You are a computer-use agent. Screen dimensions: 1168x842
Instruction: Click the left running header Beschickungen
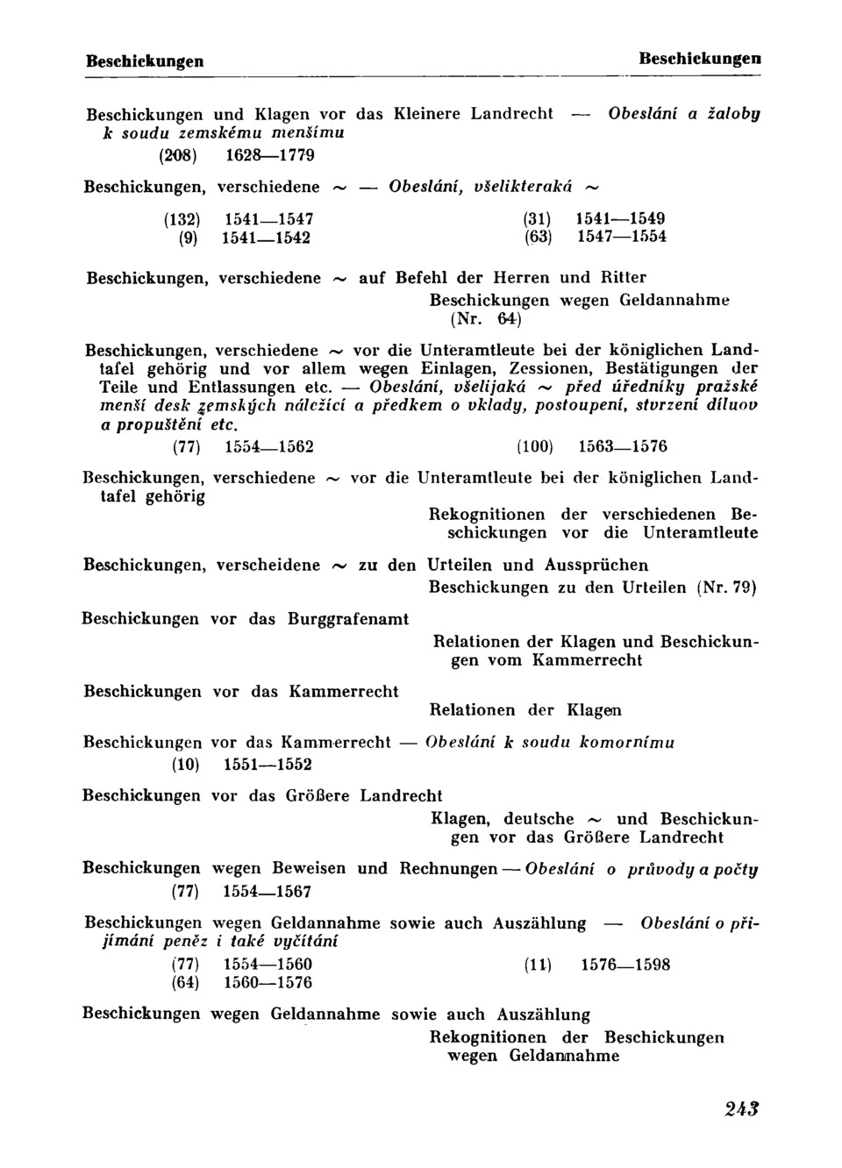tap(145, 61)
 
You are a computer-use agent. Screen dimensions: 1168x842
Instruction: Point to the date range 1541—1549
tap(621, 217)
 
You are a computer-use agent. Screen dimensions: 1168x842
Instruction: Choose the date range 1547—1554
tap(621, 237)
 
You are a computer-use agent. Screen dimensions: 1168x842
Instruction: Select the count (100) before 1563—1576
tap(535, 446)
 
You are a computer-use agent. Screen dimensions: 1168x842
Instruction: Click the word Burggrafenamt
tap(347, 619)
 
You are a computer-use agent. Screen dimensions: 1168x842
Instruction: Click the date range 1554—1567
tap(268, 892)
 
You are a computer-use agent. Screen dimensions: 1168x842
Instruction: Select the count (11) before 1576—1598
tap(538, 965)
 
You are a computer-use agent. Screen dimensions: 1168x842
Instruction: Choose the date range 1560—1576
tap(268, 983)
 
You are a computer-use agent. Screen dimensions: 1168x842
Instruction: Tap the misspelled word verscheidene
tap(268, 565)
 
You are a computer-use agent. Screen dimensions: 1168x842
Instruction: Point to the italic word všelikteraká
tap(522, 186)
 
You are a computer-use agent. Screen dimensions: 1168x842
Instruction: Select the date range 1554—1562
tap(269, 446)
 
